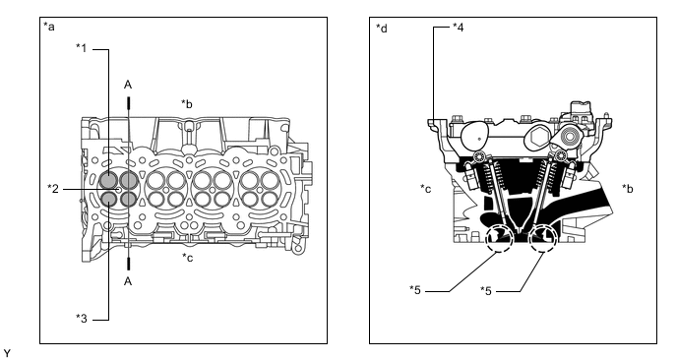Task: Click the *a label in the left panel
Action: tap(49, 27)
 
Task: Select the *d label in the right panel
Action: tap(382, 29)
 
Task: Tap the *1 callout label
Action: tap(82, 48)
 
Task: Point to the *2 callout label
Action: tap(53, 189)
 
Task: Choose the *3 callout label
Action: tap(82, 319)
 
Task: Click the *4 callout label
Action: tap(459, 28)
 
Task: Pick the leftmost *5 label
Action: tap(415, 289)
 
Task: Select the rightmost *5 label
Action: tap(486, 290)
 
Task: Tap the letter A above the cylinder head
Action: tap(128, 85)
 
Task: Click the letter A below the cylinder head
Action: tap(128, 281)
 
